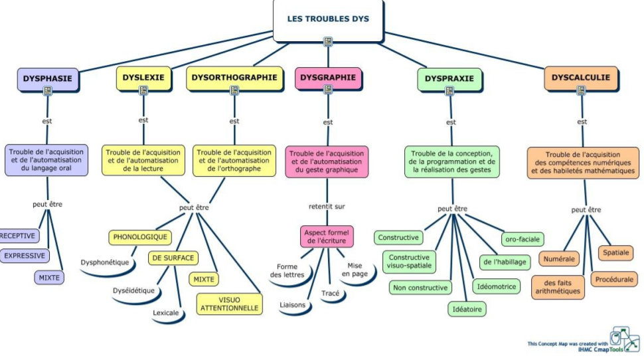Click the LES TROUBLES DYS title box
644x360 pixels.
[328, 20]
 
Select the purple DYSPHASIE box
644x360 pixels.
[48, 79]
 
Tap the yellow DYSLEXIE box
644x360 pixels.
[143, 78]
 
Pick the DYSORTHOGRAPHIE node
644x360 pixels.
[234, 78]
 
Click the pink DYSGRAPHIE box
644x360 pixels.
[328, 78]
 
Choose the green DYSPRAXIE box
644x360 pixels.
[449, 79]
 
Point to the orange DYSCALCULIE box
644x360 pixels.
[581, 78]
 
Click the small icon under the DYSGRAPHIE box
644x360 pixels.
[328, 89]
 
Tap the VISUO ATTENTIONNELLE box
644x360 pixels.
[230, 304]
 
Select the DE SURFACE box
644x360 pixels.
[173, 258]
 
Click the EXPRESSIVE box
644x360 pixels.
[25, 256]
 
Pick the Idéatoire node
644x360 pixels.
[467, 310]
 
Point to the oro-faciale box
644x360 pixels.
[523, 239]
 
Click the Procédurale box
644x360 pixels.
[614, 280]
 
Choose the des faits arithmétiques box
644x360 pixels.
[558, 287]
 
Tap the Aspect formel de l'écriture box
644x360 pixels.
[327, 236]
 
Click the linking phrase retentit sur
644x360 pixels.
[327, 207]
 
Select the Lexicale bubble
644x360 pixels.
[166, 313]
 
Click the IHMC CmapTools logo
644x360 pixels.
[625, 339]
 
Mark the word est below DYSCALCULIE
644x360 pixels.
[582, 122]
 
